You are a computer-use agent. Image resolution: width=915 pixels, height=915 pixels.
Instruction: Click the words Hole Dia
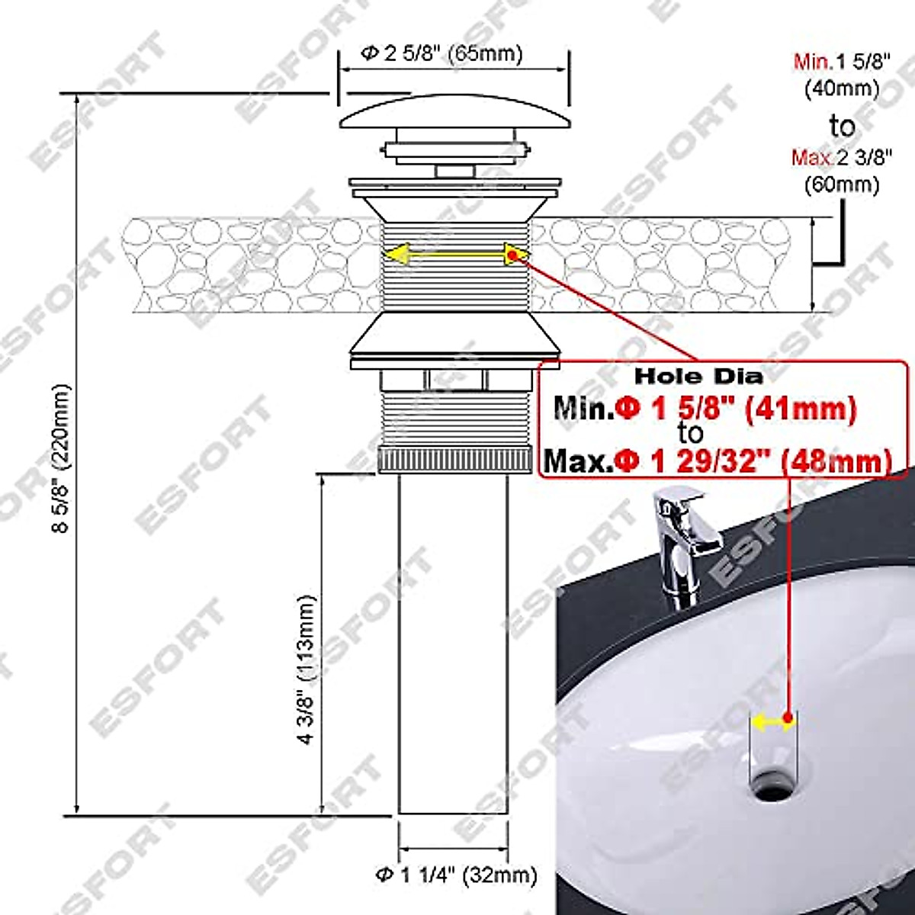coord(699,376)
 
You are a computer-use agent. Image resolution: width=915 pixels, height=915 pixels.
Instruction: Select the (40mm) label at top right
coord(843,88)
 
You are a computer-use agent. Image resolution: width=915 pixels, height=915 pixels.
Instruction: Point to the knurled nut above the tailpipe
coord(453,461)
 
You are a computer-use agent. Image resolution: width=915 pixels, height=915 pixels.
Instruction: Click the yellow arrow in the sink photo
coord(773,721)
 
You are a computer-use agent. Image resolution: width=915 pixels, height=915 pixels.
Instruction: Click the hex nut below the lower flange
coord(455,380)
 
